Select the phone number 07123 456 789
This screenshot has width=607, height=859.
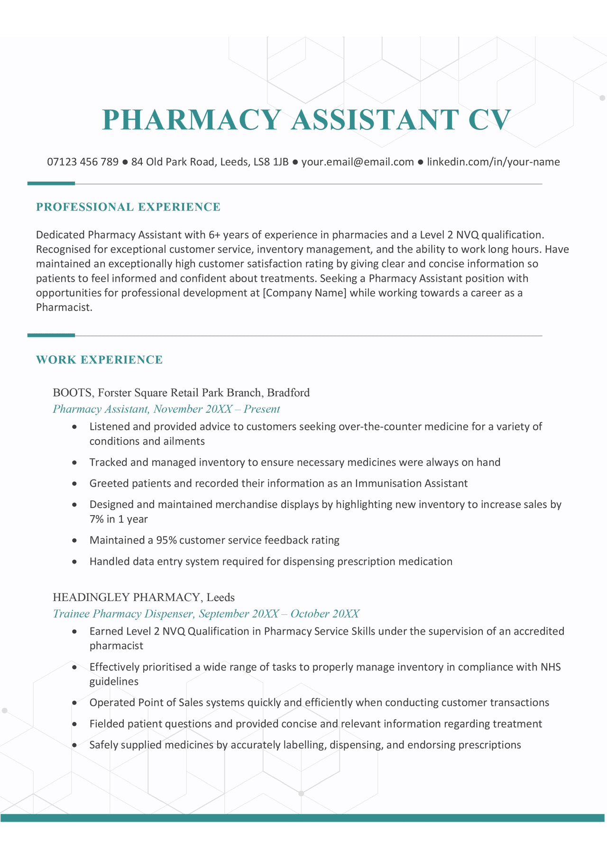point(83,162)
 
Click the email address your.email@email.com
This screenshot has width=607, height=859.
point(358,162)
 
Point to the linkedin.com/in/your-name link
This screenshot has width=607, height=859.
point(493,162)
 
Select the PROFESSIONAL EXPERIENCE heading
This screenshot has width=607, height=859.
point(129,207)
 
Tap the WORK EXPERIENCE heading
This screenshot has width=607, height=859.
point(100,360)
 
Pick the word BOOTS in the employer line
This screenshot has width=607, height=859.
point(73,393)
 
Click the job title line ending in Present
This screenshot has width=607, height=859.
point(166,409)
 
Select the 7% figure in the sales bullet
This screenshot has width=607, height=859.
point(96,519)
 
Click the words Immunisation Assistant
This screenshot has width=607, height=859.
point(411,483)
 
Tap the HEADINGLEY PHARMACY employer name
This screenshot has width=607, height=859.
point(126,597)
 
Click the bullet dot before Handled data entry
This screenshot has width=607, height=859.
point(74,562)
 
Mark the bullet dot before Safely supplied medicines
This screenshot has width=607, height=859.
point(74,745)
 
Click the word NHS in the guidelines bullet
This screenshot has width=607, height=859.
point(551,667)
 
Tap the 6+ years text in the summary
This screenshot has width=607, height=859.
point(226,235)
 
